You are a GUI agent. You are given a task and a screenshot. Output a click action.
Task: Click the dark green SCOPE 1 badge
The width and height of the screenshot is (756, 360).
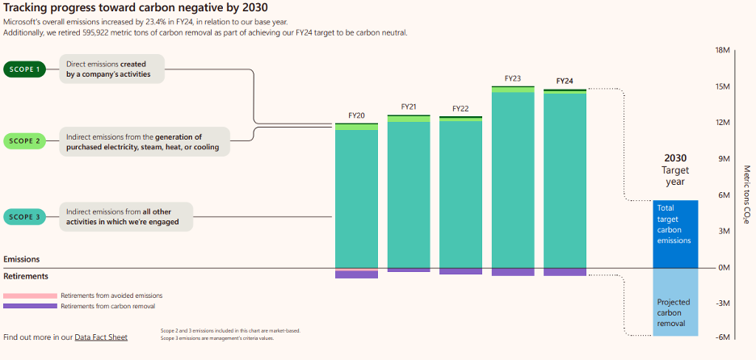[x=24, y=69]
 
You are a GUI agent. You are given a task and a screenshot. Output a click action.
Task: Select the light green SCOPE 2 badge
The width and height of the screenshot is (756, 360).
[x=24, y=141]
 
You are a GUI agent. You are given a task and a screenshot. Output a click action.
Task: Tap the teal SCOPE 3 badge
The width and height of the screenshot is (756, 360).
[x=24, y=217]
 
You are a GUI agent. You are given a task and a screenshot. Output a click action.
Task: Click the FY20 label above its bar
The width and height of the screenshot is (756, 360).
[x=357, y=115]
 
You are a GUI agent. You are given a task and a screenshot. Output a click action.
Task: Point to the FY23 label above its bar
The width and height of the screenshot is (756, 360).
[x=513, y=78]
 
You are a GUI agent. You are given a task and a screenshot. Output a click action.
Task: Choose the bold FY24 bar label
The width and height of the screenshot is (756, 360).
[x=565, y=81]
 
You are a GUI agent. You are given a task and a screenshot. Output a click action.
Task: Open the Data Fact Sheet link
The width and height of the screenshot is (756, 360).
[x=101, y=337]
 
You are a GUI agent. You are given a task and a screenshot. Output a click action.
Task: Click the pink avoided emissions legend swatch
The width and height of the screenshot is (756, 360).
[x=31, y=295]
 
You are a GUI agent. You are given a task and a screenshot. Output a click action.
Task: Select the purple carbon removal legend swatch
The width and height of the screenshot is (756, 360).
[x=31, y=306]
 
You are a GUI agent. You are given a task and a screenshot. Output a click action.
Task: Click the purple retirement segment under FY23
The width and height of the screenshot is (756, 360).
[x=513, y=272]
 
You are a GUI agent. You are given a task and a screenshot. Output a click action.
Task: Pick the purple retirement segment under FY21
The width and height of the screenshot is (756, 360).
[x=409, y=270]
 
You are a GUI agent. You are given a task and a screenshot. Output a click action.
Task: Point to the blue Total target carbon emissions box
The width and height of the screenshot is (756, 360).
[x=675, y=234]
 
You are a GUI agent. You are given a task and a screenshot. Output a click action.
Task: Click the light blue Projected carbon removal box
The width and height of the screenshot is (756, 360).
[x=675, y=302]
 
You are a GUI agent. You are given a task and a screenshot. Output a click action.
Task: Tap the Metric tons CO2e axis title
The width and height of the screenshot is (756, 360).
[x=746, y=195]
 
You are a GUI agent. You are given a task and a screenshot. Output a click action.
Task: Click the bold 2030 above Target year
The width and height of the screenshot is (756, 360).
[x=675, y=158]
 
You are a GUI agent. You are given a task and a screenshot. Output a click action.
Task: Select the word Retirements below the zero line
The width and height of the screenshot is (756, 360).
[x=26, y=277]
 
